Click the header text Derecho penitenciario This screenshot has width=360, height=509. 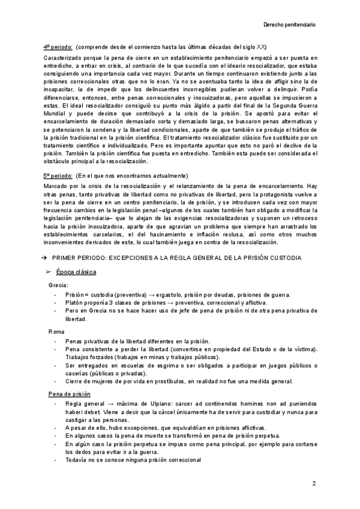[290, 25]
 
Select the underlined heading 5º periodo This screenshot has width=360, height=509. [58, 175]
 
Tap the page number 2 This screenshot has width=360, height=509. [314, 483]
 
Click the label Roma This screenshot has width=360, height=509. [56, 331]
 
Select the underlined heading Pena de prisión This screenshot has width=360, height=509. [68, 394]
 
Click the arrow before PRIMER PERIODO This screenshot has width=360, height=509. [45, 258]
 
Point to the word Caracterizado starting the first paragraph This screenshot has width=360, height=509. [62, 58]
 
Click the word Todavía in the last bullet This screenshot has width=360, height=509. [77, 459]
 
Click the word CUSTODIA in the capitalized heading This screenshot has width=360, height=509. [283, 258]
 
